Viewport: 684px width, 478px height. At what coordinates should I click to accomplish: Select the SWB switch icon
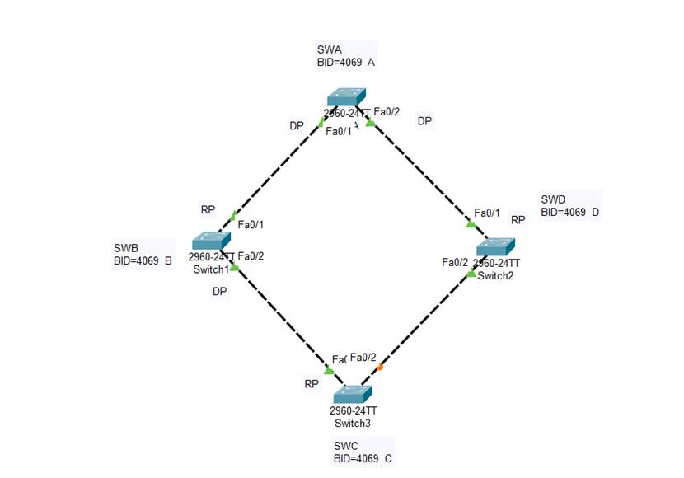click(x=212, y=241)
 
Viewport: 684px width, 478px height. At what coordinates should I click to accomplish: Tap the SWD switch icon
click(x=496, y=246)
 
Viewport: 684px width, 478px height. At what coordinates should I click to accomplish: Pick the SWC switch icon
click(x=354, y=393)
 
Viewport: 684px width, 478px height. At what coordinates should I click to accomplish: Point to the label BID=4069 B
click(x=143, y=262)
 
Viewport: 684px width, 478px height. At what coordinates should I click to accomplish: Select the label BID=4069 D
click(x=569, y=213)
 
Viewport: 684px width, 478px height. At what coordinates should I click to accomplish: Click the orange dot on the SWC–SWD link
click(x=380, y=367)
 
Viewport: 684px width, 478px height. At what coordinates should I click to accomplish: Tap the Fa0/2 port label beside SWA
click(x=387, y=112)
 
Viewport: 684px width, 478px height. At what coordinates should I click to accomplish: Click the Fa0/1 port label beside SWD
click(x=487, y=213)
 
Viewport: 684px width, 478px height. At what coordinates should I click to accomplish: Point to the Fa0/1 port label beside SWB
click(x=251, y=224)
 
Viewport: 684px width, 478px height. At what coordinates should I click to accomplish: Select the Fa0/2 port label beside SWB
click(x=251, y=256)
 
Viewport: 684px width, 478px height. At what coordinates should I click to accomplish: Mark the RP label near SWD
click(x=518, y=220)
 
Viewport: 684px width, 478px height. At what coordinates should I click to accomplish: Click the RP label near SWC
click(x=312, y=383)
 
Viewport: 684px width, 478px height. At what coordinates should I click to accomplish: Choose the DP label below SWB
click(x=219, y=291)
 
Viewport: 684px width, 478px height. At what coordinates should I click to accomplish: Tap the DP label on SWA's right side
click(x=424, y=121)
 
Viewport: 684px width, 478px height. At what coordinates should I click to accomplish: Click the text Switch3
click(x=353, y=424)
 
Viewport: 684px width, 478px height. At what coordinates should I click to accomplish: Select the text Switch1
click(x=212, y=269)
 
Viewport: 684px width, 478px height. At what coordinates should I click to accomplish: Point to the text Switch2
click(x=496, y=275)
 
